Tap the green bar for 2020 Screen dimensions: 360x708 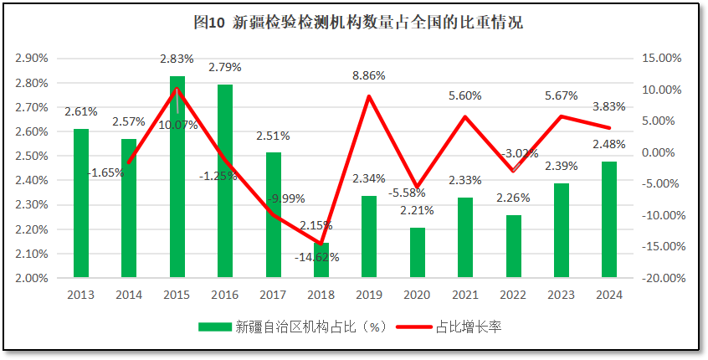coord(417,252)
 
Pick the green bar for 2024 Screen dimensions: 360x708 coord(609,219)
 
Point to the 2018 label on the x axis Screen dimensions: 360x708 coord(321,295)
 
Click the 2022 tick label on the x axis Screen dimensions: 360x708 coord(513,295)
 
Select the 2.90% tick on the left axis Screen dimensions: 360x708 coord(32,59)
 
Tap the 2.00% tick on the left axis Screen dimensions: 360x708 coord(32,277)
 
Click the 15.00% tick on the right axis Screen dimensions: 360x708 coord(660,59)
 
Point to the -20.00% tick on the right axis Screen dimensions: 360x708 coord(659,277)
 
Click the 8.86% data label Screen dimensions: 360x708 coord(369,75)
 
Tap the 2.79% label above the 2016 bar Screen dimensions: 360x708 coord(225,67)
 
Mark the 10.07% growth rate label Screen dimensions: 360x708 coord(177,125)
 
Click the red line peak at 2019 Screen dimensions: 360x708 coord(369,95)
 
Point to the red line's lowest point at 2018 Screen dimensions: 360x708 coord(321,244)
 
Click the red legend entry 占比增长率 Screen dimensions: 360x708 coord(468,327)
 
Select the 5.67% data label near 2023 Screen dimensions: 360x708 coord(560,95)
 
